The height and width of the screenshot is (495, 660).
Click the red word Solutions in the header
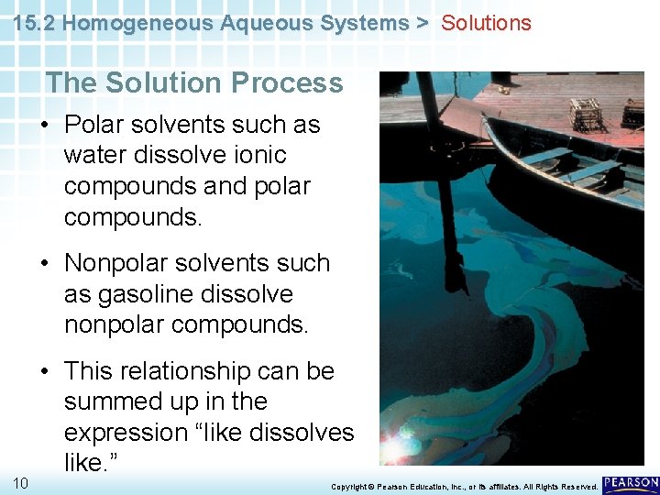click(x=486, y=23)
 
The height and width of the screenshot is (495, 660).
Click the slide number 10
click(x=20, y=482)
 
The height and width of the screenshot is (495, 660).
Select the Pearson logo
click(x=630, y=483)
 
